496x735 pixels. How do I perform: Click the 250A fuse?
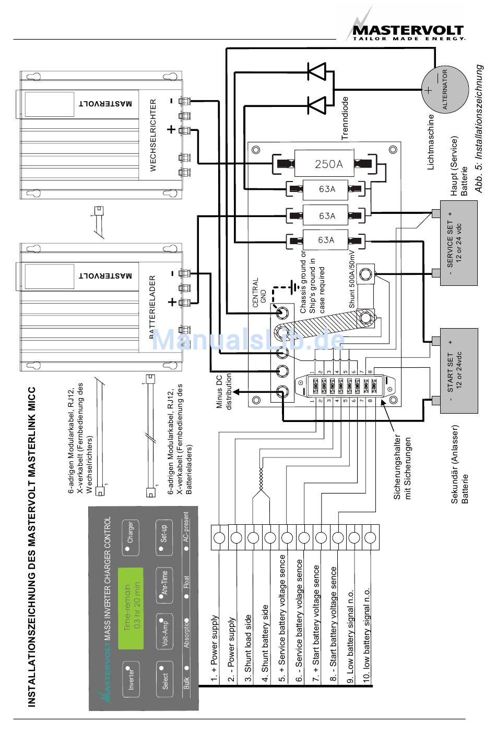pos(328,164)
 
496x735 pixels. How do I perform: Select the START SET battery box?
pos(458,371)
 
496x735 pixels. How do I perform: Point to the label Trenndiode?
pos(345,118)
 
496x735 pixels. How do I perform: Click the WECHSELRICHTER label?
pos(153,135)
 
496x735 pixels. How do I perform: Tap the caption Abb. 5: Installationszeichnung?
pos(480,128)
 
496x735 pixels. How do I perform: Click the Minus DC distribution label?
pos(225,391)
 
